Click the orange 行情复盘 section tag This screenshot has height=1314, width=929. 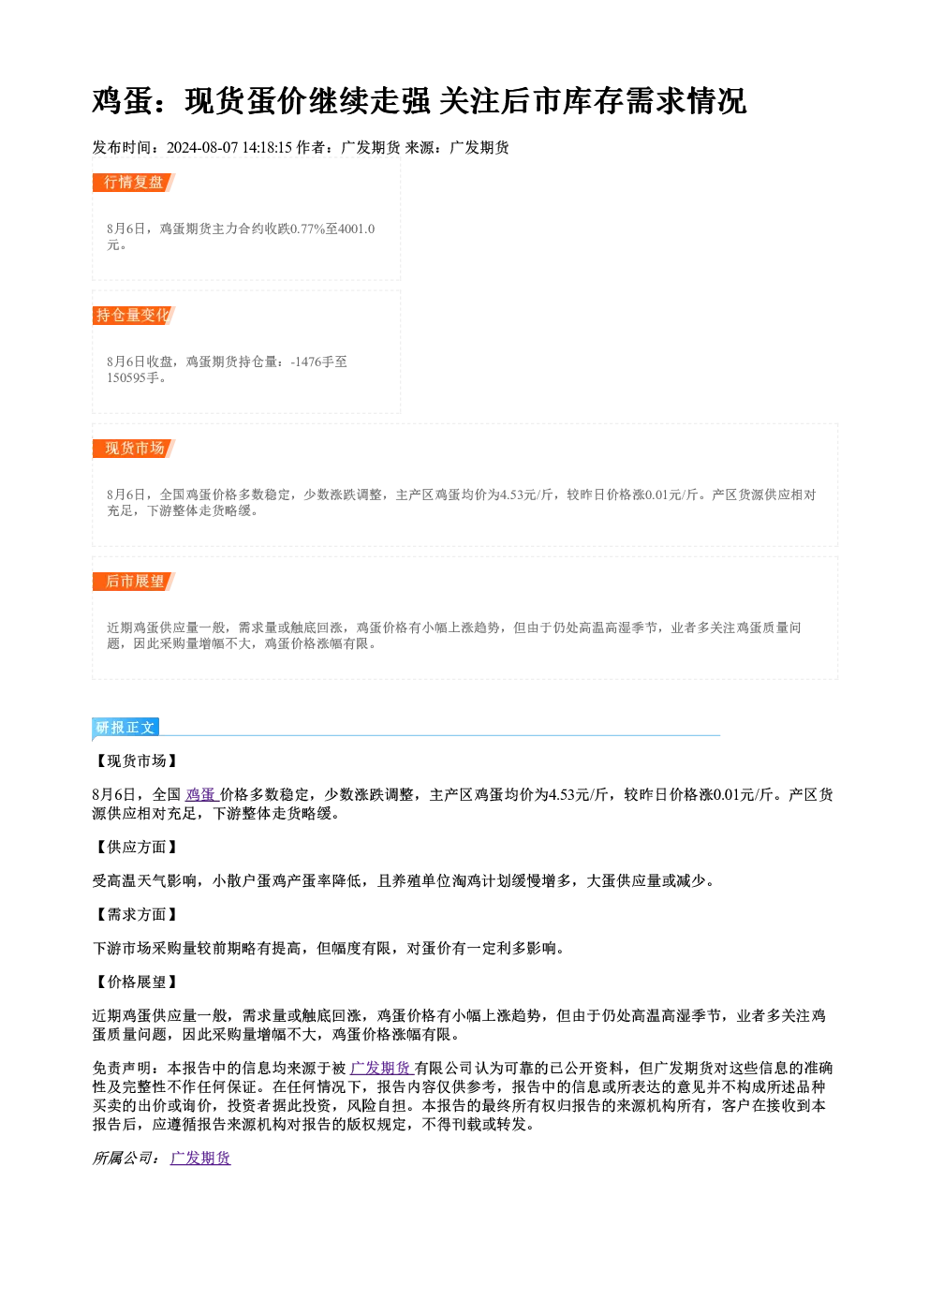coord(133,183)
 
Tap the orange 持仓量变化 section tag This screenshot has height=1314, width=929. coord(133,316)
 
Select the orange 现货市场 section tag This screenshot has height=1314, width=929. coord(134,449)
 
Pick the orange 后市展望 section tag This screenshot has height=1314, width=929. coord(134,582)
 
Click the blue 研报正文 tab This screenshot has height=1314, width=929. coord(125,728)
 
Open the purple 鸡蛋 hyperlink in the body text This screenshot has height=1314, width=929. coord(201,795)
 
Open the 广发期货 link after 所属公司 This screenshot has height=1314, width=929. coord(200,1158)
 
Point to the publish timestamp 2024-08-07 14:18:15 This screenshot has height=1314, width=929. coord(229,148)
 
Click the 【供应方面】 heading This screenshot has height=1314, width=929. coord(136,847)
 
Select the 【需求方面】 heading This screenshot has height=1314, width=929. coord(136,914)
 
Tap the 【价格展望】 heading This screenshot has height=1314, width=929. coord(136,982)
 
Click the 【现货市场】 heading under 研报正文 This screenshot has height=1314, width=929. coord(136,760)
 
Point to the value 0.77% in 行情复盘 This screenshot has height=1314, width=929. coord(307,229)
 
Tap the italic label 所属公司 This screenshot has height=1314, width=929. coord(122,1158)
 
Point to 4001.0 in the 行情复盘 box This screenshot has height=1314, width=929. coord(357,229)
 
